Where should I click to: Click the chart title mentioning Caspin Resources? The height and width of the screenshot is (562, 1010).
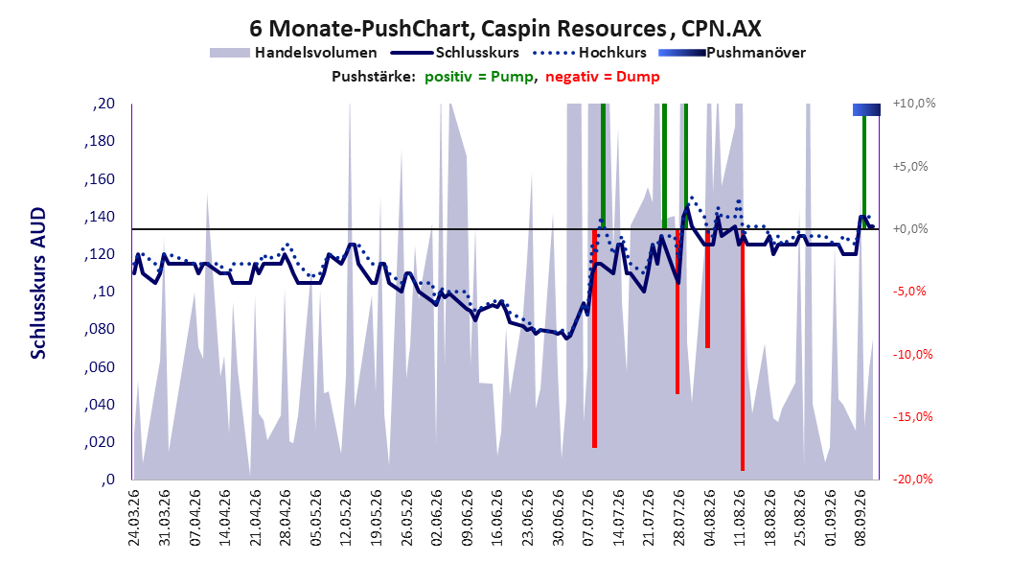click(505, 29)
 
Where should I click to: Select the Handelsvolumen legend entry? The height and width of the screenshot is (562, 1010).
click(294, 53)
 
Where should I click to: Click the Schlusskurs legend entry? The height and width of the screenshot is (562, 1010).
click(455, 53)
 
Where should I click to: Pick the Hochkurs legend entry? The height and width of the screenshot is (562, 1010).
click(589, 53)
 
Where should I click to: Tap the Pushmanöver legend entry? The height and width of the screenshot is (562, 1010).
click(732, 53)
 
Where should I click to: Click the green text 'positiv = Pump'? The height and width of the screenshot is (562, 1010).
click(479, 77)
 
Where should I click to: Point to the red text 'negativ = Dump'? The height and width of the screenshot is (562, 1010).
click(603, 77)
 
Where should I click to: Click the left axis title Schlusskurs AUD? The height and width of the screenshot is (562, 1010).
click(38, 283)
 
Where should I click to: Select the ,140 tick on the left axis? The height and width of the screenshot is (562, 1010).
click(100, 217)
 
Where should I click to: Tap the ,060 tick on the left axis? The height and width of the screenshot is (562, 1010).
click(100, 367)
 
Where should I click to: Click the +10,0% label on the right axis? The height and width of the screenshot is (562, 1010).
click(914, 104)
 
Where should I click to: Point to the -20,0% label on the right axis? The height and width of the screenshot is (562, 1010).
click(912, 479)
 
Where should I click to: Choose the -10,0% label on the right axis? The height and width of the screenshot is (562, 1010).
click(912, 354)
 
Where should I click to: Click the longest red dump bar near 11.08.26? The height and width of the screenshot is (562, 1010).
click(743, 350)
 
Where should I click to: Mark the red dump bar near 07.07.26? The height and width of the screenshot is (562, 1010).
click(594, 339)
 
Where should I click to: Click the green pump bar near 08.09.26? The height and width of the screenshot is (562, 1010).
click(864, 172)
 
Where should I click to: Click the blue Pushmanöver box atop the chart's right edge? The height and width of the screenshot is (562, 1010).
click(866, 109)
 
